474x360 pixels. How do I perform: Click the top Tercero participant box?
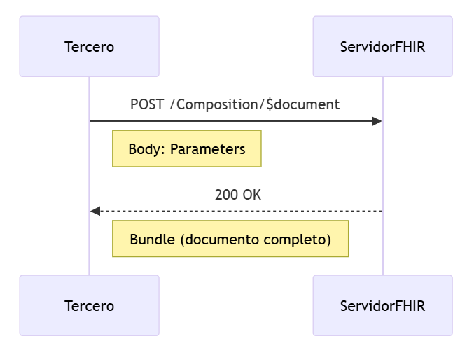89,47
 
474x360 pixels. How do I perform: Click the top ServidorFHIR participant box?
382,47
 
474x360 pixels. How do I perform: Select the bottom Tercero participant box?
89,305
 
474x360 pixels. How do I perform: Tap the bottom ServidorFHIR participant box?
382,305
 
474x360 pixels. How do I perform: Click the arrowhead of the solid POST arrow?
377,121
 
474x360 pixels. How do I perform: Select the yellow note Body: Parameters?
186,148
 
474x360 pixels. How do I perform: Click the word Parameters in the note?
208,149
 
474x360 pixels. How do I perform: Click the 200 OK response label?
237,195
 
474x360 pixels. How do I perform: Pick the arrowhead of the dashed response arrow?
96,211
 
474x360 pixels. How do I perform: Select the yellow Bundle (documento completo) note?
230,239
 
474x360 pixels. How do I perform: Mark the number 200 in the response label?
226,195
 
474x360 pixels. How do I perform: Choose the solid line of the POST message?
231,121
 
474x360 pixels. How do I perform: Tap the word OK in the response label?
252,195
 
